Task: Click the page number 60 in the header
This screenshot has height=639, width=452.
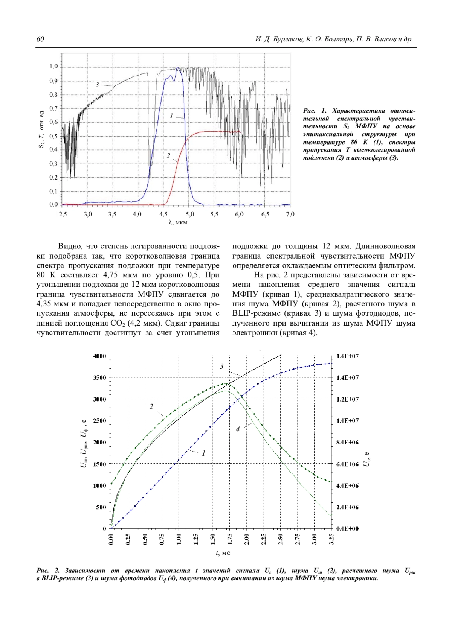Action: [40, 40]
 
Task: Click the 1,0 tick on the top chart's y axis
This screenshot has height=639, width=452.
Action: [54, 67]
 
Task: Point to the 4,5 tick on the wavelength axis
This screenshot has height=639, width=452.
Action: [163, 214]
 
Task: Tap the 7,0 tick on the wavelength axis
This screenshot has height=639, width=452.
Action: [290, 214]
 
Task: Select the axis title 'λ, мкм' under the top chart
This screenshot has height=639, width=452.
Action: [178, 222]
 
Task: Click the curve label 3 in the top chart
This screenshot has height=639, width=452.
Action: [97, 85]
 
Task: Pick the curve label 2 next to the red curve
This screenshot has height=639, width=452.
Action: [169, 155]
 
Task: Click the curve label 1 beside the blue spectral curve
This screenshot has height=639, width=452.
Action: [171, 116]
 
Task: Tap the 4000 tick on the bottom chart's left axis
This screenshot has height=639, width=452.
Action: [100, 356]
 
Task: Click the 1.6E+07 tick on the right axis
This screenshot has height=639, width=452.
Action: [347, 356]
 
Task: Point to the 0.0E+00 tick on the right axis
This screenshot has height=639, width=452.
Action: [347, 528]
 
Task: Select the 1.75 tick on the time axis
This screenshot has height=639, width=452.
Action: [230, 539]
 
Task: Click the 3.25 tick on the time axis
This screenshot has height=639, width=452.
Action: [331, 539]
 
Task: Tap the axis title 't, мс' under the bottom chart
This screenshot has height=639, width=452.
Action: [223, 553]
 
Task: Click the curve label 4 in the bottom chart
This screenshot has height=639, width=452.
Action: [238, 429]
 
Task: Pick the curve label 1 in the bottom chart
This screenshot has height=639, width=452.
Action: [204, 453]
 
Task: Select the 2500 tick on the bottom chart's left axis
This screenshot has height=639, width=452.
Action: [100, 421]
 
